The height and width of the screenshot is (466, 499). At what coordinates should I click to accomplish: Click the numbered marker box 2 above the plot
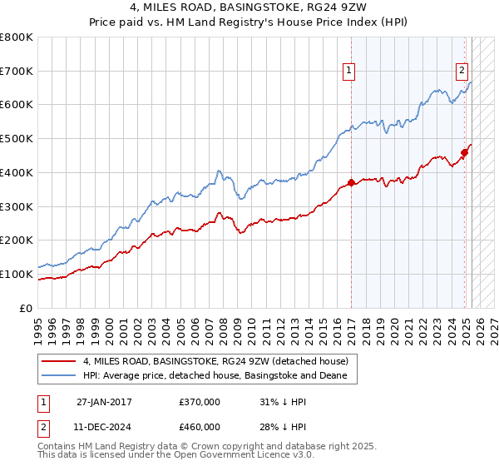click(462, 72)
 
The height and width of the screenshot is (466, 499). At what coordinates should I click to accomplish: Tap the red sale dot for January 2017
click(351, 182)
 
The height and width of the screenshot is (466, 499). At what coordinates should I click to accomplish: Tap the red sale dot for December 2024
click(465, 152)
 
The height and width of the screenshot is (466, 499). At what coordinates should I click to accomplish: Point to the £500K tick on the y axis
click(18, 139)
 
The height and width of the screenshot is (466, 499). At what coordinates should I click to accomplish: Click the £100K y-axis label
click(18, 274)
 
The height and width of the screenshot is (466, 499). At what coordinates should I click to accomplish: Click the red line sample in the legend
click(60, 361)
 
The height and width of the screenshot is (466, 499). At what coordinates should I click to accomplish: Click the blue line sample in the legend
click(60, 375)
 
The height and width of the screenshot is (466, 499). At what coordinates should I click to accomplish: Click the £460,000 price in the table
click(200, 427)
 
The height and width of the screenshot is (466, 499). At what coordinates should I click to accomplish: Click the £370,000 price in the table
click(200, 402)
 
